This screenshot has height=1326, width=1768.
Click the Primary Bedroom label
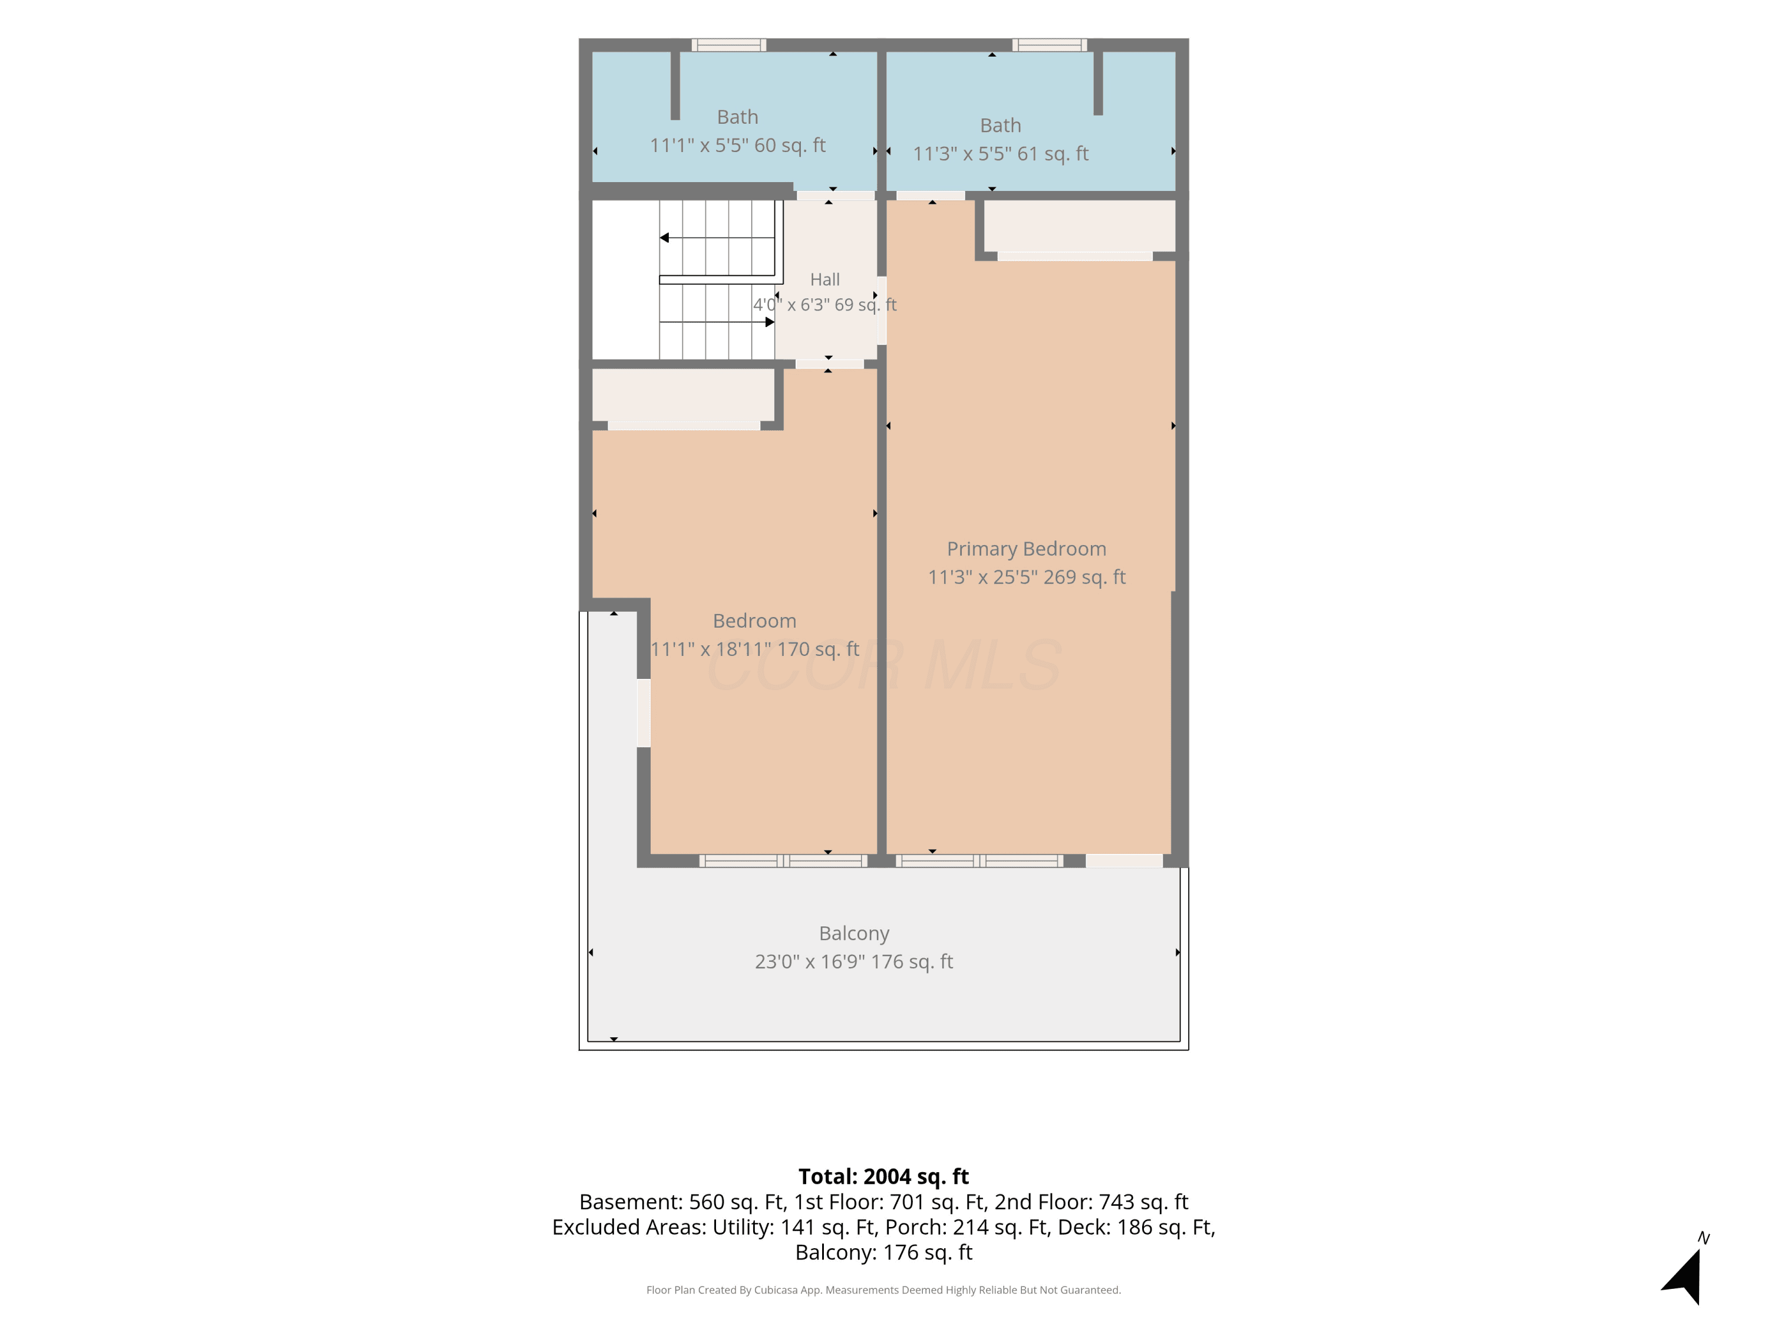1026,549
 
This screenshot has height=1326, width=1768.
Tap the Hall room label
825,280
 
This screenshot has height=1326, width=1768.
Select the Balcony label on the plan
853,934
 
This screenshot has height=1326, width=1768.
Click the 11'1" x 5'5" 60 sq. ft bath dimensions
737,146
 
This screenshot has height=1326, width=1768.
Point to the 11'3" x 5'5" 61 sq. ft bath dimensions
1001,153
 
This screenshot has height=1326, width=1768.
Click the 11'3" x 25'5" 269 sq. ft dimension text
1026,577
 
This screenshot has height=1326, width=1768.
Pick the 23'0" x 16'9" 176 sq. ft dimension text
853,962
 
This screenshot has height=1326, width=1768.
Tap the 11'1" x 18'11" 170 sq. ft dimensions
754,649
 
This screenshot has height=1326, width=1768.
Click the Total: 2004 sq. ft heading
883,1176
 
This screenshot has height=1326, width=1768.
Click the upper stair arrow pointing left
717,238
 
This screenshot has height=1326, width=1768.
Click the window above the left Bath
728,45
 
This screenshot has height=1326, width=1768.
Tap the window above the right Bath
1050,45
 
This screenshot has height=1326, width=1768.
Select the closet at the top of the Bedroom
684,395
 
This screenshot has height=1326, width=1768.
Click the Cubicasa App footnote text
883,1290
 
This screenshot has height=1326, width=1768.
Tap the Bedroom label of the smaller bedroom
754,621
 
